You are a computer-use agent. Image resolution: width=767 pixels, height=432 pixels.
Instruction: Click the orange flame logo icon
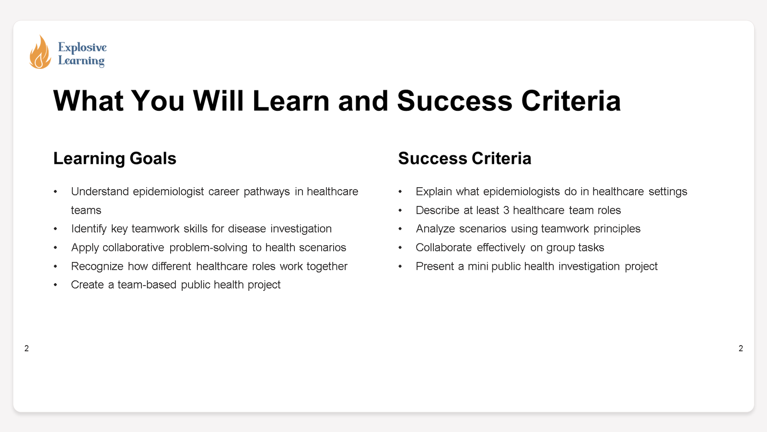click(40, 52)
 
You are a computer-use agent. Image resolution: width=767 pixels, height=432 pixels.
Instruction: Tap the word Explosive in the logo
click(82, 47)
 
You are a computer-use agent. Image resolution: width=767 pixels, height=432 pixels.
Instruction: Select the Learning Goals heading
click(115, 158)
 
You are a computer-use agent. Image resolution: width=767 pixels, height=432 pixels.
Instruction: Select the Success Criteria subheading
click(465, 158)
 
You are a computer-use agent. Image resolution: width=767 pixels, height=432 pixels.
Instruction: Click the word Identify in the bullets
click(89, 229)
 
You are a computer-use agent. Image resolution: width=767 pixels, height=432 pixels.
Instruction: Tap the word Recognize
click(97, 266)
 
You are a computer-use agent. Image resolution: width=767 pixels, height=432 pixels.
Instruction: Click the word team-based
click(147, 285)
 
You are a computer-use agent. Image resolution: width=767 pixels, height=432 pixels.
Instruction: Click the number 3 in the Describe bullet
click(506, 210)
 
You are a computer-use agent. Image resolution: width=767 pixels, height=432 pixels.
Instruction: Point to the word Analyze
click(435, 229)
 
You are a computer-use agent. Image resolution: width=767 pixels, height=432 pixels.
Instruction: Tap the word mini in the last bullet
click(477, 266)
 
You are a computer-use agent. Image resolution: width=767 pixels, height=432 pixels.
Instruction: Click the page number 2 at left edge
click(27, 348)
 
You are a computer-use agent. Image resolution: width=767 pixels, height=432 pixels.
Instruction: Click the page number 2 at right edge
click(741, 348)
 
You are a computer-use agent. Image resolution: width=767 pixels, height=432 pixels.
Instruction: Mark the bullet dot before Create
click(56, 285)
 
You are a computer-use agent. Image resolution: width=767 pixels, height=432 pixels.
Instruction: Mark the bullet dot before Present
click(400, 266)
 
